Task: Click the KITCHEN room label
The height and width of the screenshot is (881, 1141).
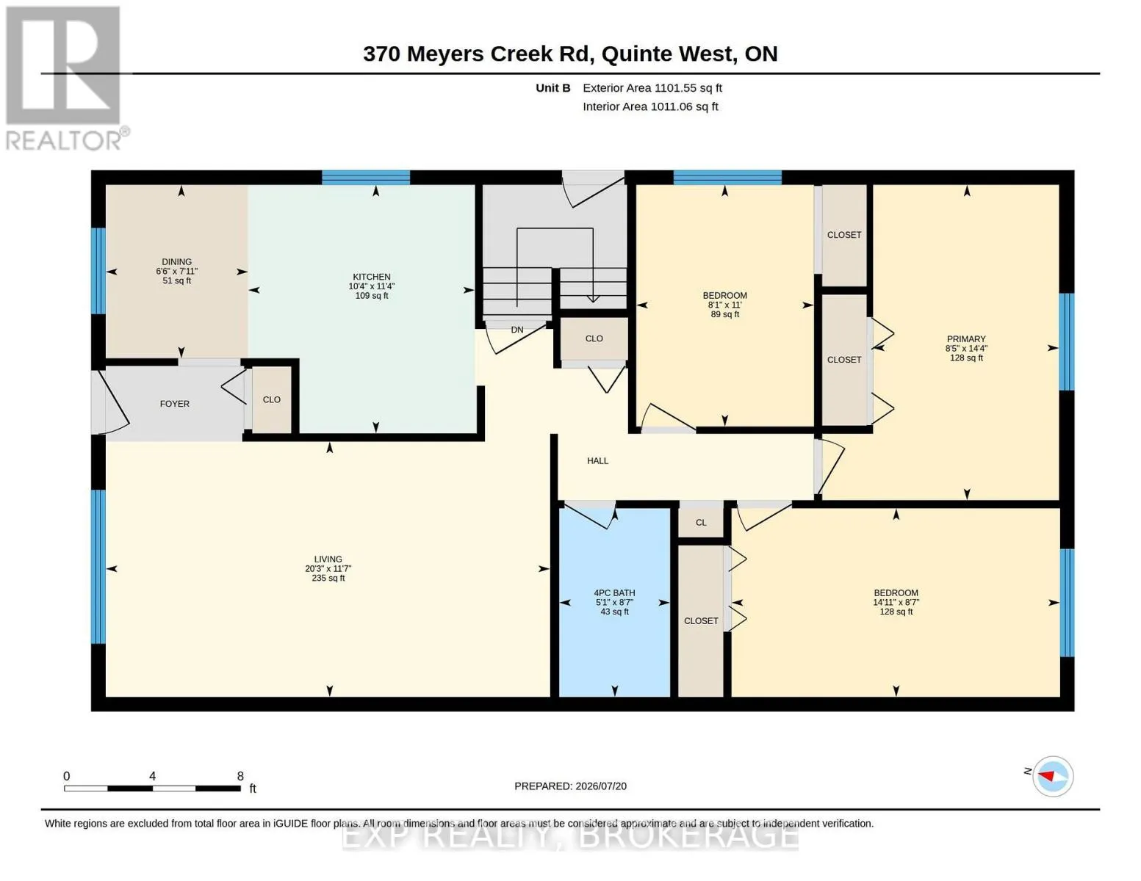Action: click(x=371, y=277)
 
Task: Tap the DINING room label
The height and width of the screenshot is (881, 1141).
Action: click(x=176, y=262)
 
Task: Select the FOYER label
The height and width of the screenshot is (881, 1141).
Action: click(x=175, y=404)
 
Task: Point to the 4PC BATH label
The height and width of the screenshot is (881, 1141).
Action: click(x=614, y=593)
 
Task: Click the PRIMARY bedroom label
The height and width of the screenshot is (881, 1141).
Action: click(x=966, y=339)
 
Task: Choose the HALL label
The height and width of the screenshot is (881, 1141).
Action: click(x=597, y=461)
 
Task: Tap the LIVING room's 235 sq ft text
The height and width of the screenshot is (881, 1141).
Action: click(x=328, y=579)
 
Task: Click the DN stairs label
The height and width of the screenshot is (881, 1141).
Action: click(x=517, y=330)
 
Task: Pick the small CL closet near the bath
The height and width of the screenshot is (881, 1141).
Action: click(x=701, y=522)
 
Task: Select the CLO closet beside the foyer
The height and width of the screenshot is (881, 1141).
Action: click(x=271, y=399)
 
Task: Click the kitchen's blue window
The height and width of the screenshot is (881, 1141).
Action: click(x=365, y=178)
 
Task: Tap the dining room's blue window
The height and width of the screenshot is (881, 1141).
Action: click(x=98, y=271)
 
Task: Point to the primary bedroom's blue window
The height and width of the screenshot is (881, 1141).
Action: click(x=1067, y=341)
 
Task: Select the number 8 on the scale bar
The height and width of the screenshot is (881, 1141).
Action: click(x=240, y=776)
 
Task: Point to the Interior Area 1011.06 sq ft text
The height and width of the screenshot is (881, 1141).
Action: click(x=650, y=106)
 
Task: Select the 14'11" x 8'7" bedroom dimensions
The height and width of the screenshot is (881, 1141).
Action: click(x=896, y=602)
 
